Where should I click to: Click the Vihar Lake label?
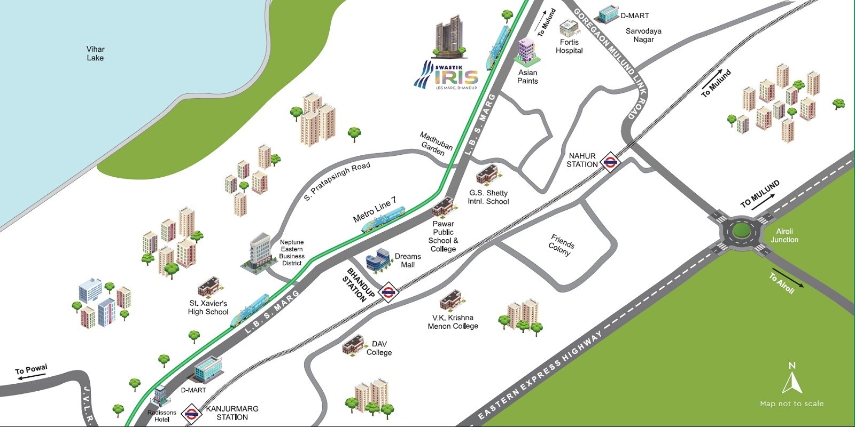click(x=95, y=53)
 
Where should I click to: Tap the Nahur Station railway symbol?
click(x=609, y=162)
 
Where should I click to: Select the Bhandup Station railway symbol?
click(x=387, y=292)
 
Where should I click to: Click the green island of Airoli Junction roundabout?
click(x=741, y=230)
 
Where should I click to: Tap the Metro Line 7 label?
click(x=375, y=209)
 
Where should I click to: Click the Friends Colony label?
click(x=561, y=245)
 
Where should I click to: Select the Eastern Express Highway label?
click(x=540, y=374)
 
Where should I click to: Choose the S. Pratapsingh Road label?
click(x=337, y=182)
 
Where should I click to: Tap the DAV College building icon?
click(x=353, y=345)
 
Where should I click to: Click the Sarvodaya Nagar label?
click(x=643, y=35)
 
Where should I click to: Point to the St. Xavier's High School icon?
click(x=209, y=287)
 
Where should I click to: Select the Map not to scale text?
click(x=791, y=404)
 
